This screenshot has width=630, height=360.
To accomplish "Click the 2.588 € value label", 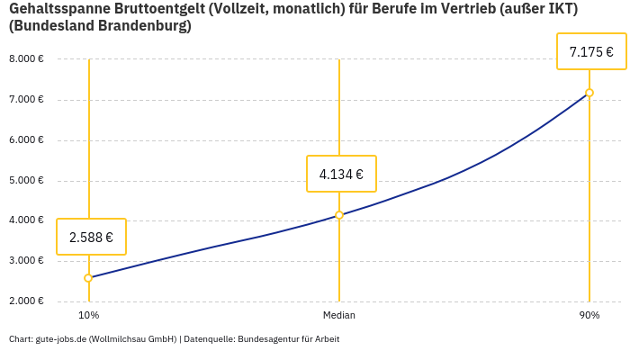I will (x=91, y=238).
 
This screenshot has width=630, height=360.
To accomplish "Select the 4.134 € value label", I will (x=341, y=175).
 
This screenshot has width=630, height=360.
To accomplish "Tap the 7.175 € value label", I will (x=591, y=52).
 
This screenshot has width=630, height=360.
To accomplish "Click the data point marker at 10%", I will (x=88, y=278).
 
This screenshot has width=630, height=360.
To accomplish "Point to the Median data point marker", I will (x=339, y=215).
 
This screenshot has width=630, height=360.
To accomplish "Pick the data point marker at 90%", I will (x=589, y=93).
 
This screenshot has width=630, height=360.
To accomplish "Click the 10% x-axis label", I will (x=88, y=315).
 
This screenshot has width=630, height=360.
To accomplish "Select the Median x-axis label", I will (x=339, y=315).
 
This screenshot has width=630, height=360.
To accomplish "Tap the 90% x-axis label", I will (x=589, y=315).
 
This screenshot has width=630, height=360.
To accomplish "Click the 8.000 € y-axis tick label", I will (x=26, y=59).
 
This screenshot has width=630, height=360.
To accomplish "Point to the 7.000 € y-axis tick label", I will (x=26, y=100).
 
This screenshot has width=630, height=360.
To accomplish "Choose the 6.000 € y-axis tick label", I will (x=26, y=140).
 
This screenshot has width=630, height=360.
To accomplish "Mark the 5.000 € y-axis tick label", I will (x=26, y=181).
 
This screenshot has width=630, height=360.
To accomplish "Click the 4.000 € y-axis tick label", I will (x=26, y=220).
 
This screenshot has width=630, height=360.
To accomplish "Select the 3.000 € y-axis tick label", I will (x=26, y=261).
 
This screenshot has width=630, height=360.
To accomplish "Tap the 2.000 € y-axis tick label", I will (x=26, y=301).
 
